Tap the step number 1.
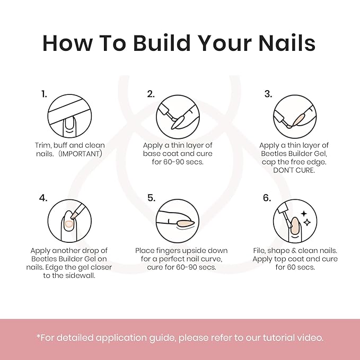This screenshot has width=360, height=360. coord(44,94)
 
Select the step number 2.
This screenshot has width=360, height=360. coord(151,94)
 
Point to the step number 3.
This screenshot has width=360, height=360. coord(268,94)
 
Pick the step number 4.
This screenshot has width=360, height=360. coord(43,198)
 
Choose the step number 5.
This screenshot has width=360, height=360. coord(151,198)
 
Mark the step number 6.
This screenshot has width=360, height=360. coord(267,198)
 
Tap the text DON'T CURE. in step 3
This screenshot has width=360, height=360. coord(294,170)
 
